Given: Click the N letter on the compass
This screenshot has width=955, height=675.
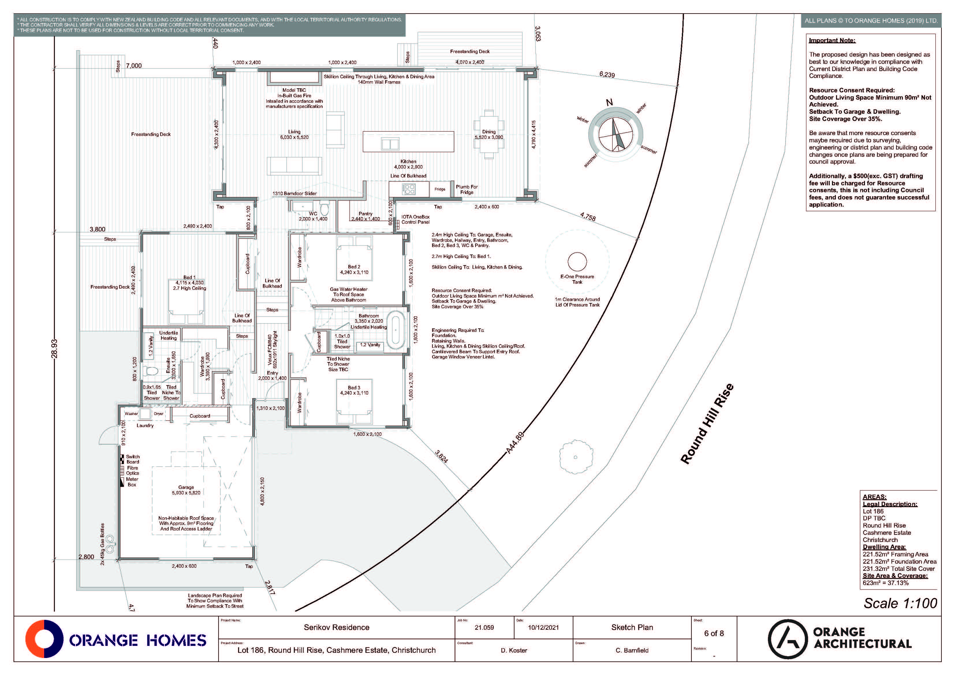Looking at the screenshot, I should [609, 102].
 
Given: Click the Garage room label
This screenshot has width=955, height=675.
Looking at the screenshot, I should [186, 487].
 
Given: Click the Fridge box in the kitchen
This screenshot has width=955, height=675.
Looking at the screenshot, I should [440, 189].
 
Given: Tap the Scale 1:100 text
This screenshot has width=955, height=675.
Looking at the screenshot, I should [900, 603].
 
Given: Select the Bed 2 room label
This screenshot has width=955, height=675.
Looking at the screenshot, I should [354, 267].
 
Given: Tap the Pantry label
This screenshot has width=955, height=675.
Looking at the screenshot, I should [365, 213].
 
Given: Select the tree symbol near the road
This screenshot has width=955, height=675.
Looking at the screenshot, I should [575, 457].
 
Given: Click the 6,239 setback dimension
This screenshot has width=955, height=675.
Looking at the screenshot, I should [607, 74].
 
